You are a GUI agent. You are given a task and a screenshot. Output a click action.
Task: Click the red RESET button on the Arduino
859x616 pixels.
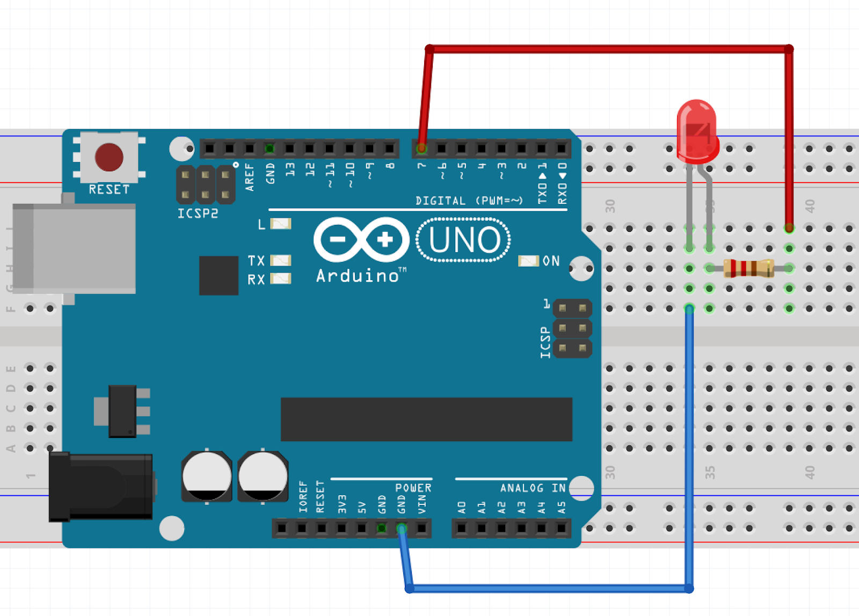[x=109, y=157]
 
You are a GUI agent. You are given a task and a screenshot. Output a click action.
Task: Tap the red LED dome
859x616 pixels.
[x=697, y=129]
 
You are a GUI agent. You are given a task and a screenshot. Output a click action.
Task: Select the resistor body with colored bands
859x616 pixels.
[x=748, y=268]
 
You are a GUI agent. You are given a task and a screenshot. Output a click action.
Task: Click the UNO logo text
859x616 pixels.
[x=464, y=240]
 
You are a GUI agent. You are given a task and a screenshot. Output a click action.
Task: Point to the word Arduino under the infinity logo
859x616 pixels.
[x=358, y=276]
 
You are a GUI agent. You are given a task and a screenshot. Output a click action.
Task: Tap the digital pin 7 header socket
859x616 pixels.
[x=421, y=148]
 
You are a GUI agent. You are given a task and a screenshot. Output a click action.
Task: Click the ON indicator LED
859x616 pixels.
[x=528, y=261]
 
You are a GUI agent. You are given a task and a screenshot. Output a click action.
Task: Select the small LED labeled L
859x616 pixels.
[x=280, y=224]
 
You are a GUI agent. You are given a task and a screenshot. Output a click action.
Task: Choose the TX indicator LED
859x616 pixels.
[x=280, y=260]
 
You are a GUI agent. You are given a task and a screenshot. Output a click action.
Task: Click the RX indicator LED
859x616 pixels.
[x=280, y=278]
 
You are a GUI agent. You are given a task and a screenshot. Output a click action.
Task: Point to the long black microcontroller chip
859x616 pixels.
[x=426, y=419]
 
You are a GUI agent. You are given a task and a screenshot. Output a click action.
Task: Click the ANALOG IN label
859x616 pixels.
[x=533, y=488]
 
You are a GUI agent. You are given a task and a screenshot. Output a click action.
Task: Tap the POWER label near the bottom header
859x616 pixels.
[x=413, y=488]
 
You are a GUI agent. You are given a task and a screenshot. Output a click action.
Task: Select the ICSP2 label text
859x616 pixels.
[x=198, y=214]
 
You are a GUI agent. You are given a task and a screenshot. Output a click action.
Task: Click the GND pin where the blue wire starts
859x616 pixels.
[x=402, y=529]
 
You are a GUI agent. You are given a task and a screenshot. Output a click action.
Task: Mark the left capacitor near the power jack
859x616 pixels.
[x=207, y=476]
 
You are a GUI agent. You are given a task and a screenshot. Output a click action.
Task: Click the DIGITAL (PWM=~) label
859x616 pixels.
[x=469, y=201]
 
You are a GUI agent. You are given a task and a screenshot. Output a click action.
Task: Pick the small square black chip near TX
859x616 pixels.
[x=219, y=275]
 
